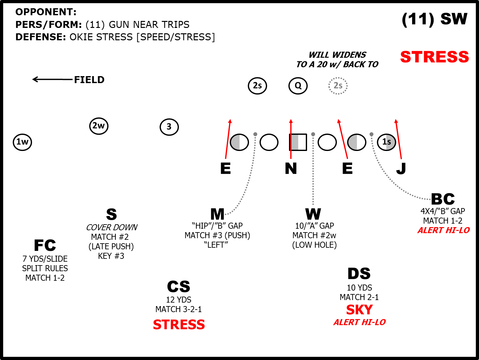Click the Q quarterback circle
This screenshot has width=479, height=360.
coord(298,86)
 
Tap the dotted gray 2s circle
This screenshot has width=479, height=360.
coord(338,86)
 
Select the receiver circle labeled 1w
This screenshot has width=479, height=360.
coord(22,142)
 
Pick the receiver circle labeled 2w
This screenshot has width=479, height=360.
coord(99,126)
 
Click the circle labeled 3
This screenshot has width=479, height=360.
coord(169,127)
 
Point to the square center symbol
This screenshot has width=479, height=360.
coord(298,142)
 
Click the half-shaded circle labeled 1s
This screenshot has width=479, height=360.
coord(386,142)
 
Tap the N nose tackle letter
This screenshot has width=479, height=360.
coord(291,168)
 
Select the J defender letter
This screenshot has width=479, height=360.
coord(401,168)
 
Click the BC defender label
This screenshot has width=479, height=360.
coord(443,199)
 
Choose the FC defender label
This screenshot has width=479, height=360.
coord(45,245)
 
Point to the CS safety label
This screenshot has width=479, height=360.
coord(179,287)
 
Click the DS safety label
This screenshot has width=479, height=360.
coord(359,273)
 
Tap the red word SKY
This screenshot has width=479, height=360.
coord(359,310)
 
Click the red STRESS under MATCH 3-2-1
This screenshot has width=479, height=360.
coord(179,324)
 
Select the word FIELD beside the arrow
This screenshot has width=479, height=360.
coord(89,80)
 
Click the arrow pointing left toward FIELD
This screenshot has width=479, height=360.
coord(52,79)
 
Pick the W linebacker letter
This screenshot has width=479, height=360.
coord(313,214)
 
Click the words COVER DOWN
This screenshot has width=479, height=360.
coord(112,227)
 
